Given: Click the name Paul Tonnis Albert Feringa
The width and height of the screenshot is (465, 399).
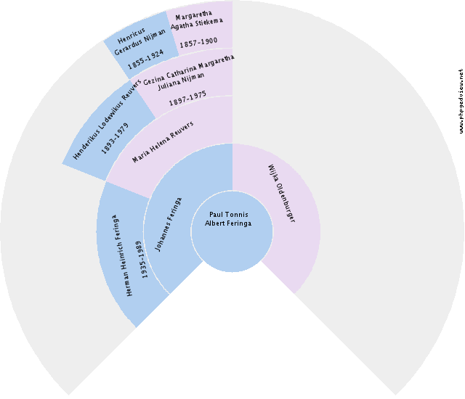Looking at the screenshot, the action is (x=228, y=219).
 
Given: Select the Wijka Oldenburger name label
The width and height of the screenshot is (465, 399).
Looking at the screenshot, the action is (x=282, y=194).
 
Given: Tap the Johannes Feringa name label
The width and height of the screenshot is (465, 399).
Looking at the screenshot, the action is (x=169, y=224).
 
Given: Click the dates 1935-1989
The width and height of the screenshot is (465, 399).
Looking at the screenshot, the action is (x=142, y=260).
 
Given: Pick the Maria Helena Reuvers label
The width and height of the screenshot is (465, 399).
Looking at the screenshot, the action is (x=163, y=141).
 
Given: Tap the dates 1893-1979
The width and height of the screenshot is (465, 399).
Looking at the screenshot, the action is (x=115, y=139).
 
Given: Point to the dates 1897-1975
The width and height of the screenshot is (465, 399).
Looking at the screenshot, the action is (x=187, y=99).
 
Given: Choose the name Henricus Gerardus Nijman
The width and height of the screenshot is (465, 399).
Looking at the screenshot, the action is (x=139, y=42).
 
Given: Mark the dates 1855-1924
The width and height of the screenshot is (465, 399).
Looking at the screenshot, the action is (x=145, y=59).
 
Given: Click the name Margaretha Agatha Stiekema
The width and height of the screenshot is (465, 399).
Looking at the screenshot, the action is (x=196, y=20).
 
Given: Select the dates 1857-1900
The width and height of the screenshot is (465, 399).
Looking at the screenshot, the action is (x=198, y=42).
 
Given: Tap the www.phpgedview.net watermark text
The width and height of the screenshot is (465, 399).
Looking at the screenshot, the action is (x=461, y=102).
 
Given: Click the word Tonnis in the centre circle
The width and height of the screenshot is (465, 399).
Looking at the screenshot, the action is (x=237, y=214).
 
